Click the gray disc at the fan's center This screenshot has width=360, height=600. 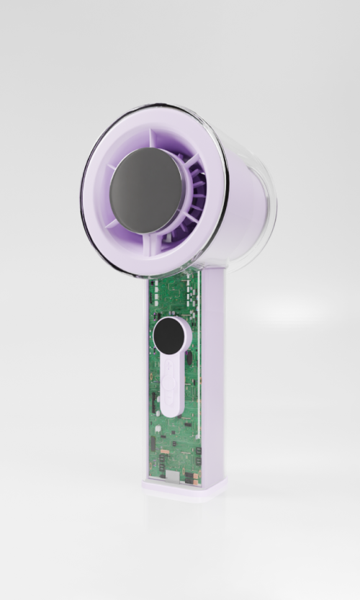coord(148,190)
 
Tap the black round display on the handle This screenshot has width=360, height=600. coord(170,334)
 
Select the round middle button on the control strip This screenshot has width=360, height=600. coord(171,374)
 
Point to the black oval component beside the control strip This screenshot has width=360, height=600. coord(189,357)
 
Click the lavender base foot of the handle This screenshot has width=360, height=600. coord(184,491)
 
